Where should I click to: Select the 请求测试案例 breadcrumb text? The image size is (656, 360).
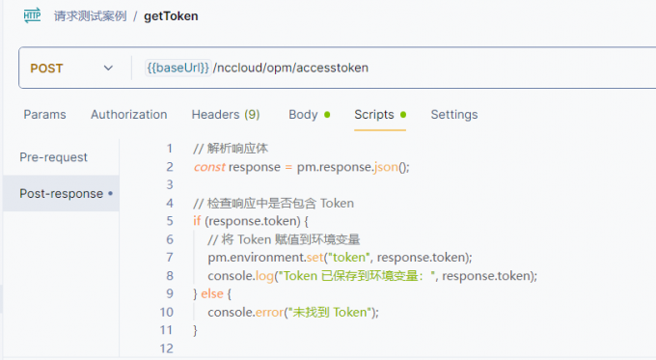[90, 16]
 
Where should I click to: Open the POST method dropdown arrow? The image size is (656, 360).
[108, 69]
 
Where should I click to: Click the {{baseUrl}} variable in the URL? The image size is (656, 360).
[178, 69]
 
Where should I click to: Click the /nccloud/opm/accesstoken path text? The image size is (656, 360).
[290, 69]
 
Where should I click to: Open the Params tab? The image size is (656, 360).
[44, 115]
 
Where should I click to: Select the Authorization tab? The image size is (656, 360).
[128, 115]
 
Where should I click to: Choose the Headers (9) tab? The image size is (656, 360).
[225, 115]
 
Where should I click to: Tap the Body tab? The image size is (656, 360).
[303, 115]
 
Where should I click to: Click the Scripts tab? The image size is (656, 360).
[374, 115]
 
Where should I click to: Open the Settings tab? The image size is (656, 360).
[453, 115]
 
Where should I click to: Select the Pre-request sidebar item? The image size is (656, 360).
[53, 157]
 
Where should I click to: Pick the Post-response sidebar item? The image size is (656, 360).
[61, 194]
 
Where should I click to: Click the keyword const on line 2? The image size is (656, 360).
[208, 167]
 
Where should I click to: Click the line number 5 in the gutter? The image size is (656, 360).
[169, 221]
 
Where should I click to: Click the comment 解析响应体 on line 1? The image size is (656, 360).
[237, 149]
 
